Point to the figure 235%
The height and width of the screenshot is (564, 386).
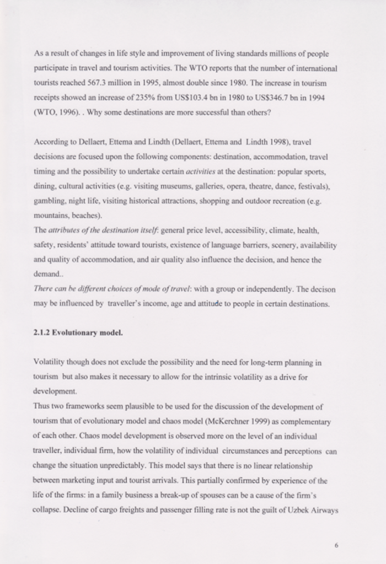(142, 96)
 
